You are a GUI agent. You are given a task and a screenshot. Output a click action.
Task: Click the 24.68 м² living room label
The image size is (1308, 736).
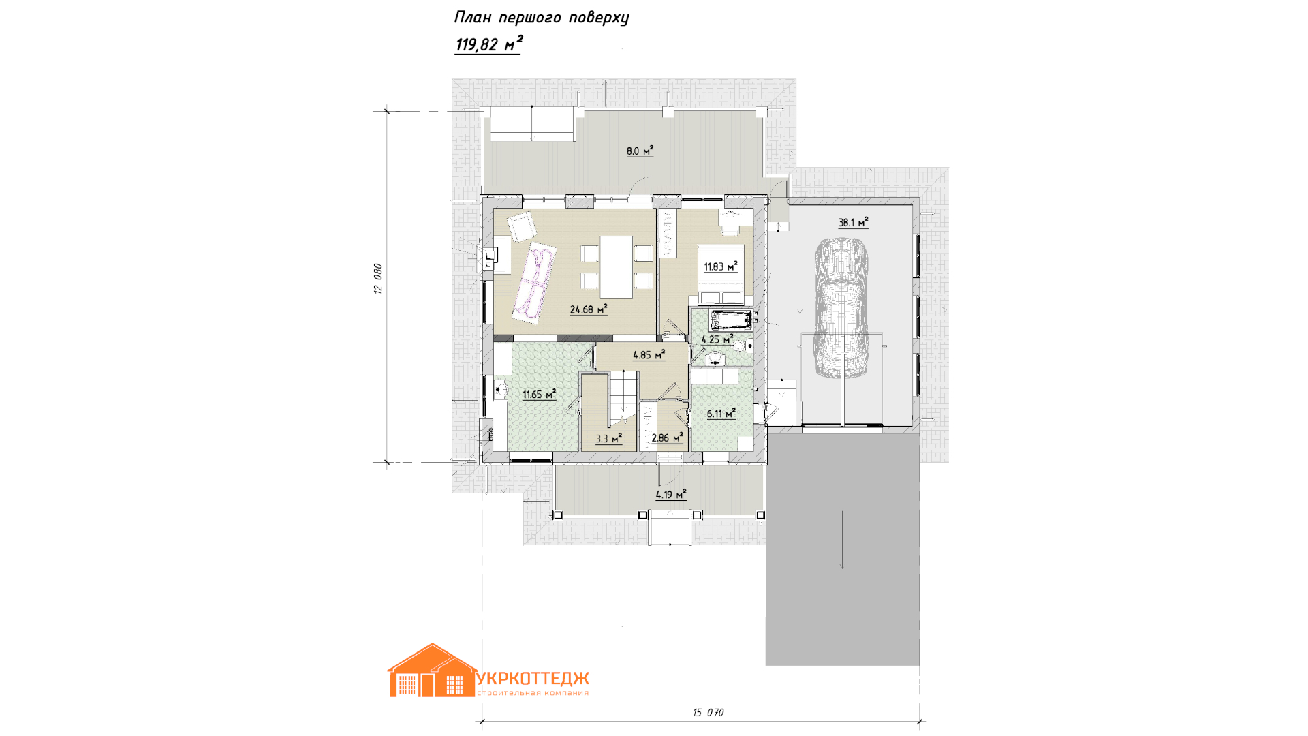click(x=589, y=309)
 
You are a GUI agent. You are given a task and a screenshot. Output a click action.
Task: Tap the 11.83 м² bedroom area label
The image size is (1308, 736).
click(x=721, y=266)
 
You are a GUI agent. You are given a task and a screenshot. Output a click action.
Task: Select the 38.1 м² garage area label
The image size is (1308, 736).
click(x=853, y=222)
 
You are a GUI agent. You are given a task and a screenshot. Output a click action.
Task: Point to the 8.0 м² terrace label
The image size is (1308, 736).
click(x=640, y=151)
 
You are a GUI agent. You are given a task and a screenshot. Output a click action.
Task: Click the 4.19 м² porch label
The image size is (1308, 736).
click(x=671, y=495)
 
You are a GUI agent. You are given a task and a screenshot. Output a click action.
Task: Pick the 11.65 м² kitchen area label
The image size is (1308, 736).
click(x=540, y=394)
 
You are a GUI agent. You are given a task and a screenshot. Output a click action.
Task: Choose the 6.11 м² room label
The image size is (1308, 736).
click(x=721, y=413)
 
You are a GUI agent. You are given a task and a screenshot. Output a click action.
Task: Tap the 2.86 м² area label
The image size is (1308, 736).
click(x=667, y=438)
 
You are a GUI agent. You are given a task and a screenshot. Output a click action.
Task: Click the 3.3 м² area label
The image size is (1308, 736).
click(x=609, y=438)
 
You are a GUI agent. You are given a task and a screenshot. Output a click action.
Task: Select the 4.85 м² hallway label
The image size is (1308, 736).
click(x=649, y=354)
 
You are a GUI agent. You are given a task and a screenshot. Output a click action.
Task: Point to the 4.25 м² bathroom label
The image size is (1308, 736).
click(x=717, y=339)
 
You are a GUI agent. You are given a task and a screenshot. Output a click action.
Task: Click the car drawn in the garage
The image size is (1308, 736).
click(x=842, y=307)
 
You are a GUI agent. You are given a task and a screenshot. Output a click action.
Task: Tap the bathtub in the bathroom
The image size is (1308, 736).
click(x=731, y=320)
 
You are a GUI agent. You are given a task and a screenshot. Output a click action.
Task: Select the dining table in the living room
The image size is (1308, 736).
click(x=617, y=266)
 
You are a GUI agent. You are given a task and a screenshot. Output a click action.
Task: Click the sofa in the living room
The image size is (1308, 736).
click(x=535, y=281)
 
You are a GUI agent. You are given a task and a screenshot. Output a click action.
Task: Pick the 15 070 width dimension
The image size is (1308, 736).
click(x=708, y=712)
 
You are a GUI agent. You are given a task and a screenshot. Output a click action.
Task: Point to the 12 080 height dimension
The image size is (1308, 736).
click(x=378, y=279)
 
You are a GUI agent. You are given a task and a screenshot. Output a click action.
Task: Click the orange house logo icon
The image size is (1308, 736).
click(x=432, y=671)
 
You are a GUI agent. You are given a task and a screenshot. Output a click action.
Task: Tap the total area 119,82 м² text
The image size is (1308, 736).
click(x=488, y=44)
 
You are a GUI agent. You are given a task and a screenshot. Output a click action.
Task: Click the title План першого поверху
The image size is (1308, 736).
click(x=542, y=18)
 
